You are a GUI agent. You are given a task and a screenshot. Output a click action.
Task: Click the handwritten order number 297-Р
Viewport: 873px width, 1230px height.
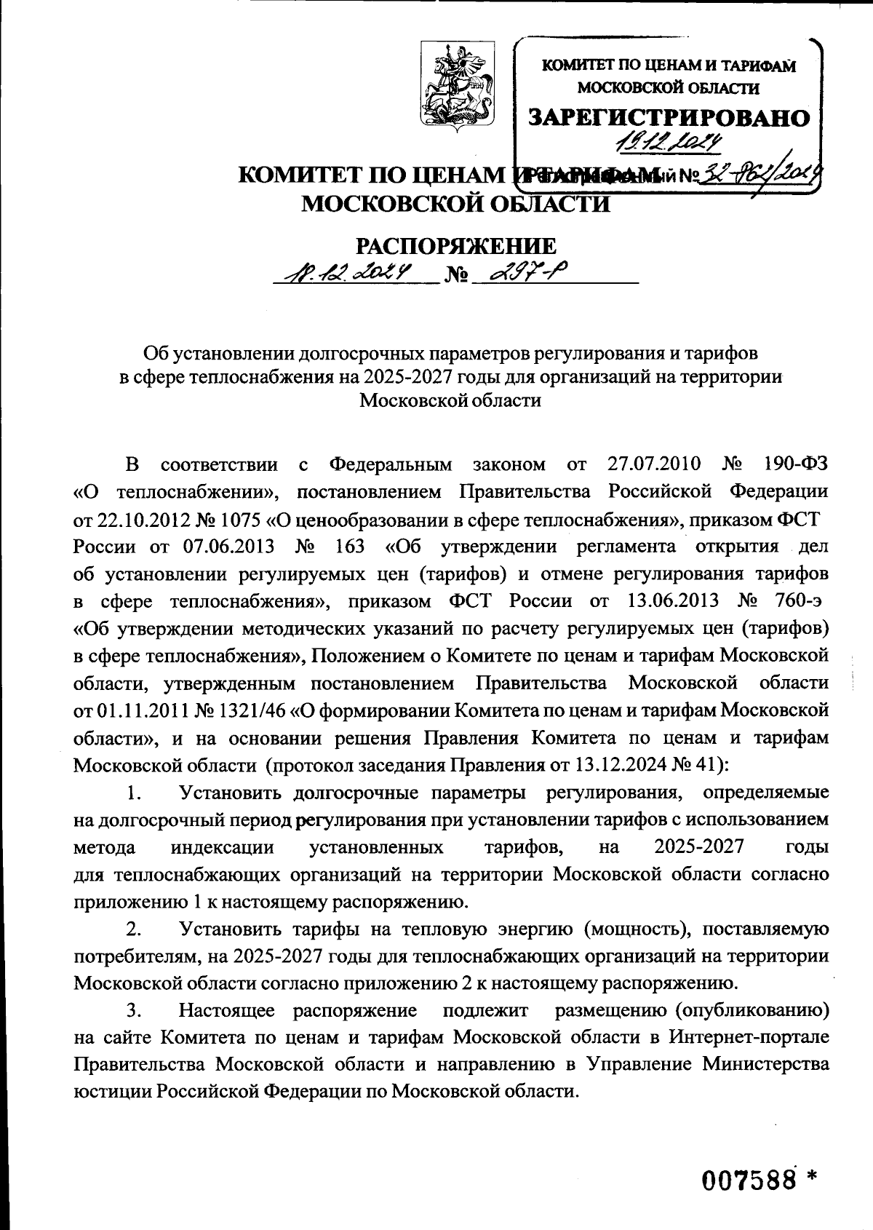[529, 274]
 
